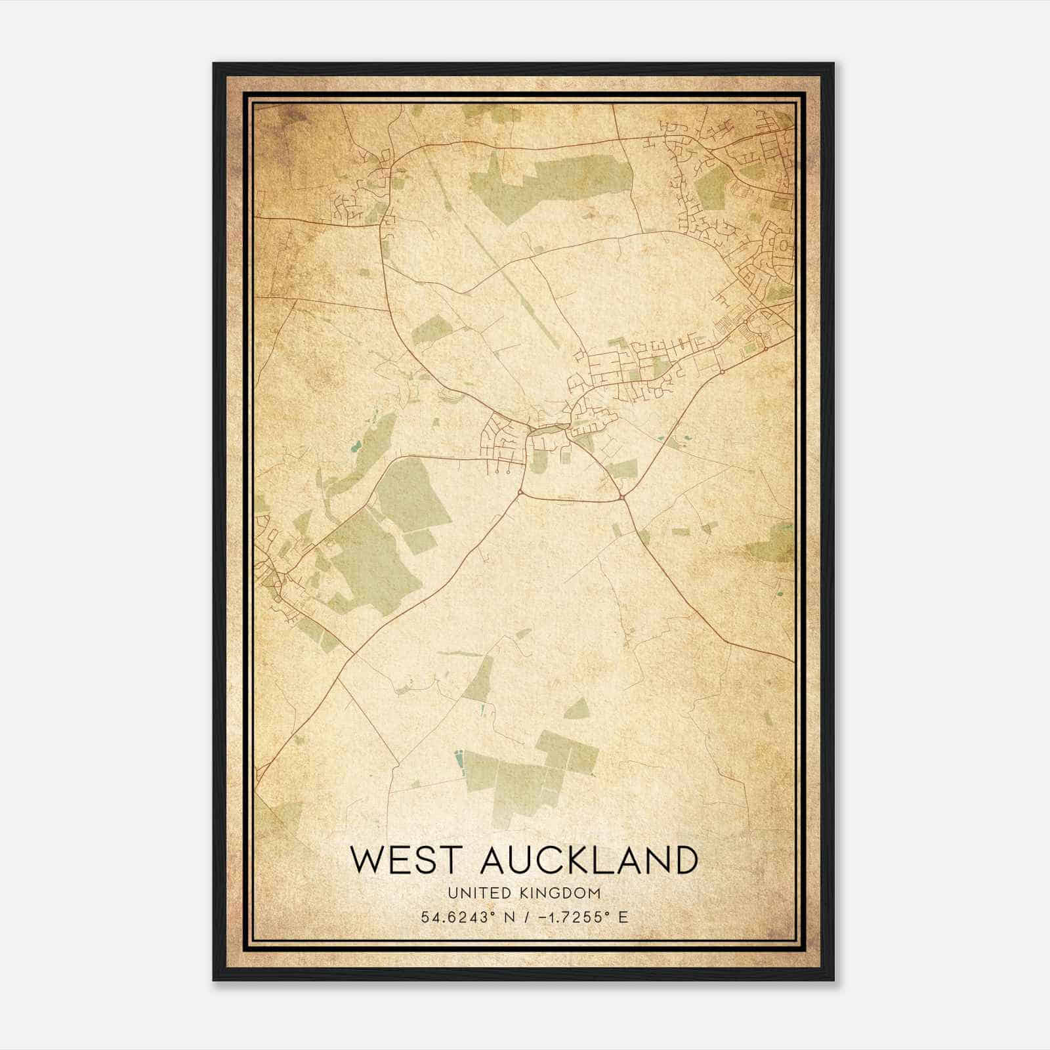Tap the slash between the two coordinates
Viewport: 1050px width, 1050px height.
pos(525,917)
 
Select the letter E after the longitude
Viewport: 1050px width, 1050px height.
pos(623,917)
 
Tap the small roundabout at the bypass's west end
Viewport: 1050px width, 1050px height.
pos(520,491)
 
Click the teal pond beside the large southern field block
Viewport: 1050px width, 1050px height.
pos(458,761)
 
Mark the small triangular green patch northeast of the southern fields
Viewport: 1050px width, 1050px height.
pos(577,709)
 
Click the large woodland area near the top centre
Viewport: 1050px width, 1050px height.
pos(551,177)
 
